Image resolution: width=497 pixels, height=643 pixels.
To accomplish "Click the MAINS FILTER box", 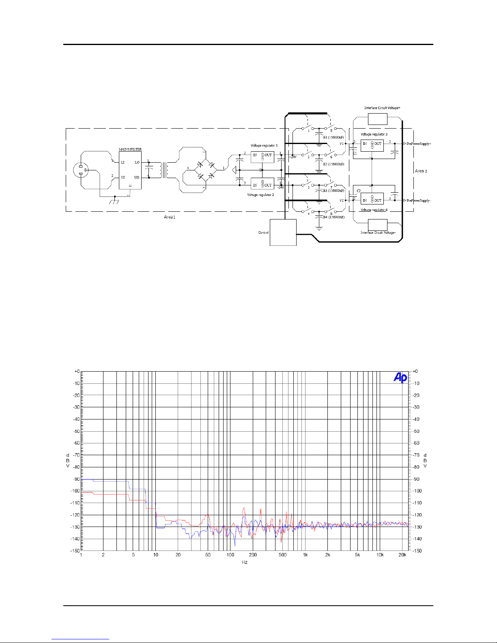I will (x=130, y=170).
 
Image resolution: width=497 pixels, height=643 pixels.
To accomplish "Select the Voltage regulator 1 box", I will (x=262, y=157).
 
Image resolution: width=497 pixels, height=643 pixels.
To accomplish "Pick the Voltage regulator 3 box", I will (x=372, y=145).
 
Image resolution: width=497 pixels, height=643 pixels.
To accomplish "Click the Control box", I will (x=283, y=232).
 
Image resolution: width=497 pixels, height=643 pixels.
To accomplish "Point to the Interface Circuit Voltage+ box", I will (x=377, y=119).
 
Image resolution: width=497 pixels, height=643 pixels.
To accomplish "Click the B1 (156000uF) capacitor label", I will (x=333, y=138).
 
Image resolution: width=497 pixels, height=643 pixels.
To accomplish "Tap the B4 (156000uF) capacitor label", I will (x=333, y=217).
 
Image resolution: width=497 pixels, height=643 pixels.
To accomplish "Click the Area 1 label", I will (x=170, y=217).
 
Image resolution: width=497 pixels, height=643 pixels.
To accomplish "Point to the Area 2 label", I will (x=421, y=171).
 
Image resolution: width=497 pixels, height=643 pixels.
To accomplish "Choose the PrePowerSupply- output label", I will (x=417, y=201).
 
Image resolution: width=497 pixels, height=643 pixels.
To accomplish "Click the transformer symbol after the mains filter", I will (x=164, y=170).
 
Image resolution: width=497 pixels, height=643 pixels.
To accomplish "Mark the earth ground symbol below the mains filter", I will (x=115, y=200).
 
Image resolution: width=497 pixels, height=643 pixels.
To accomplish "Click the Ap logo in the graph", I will (x=400, y=378).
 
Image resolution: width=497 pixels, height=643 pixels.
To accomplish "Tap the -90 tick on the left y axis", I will (x=76, y=479).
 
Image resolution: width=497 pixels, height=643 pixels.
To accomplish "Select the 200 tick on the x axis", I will (x=253, y=555).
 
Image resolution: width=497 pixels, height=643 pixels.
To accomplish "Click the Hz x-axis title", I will (x=244, y=562).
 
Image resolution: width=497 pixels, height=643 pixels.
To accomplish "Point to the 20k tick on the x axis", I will (x=402, y=555).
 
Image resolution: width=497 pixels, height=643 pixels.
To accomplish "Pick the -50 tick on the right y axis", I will (x=416, y=431).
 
